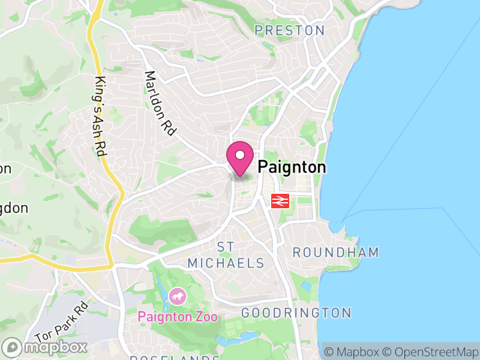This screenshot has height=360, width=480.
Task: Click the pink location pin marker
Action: tap(240, 158)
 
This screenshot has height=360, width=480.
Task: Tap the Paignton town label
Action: tap(292, 167)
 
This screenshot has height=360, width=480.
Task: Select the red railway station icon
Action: tap(281, 201)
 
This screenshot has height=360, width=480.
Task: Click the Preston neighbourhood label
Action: tap(290, 31)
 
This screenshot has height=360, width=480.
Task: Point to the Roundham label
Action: tap(336, 253)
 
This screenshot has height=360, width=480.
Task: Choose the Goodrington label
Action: tap(296, 313)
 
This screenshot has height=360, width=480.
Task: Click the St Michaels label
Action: tap(226, 255)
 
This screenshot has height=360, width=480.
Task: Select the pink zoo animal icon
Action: tap(177, 296)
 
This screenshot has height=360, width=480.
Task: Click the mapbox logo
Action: tap(45, 347)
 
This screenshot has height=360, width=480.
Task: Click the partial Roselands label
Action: tap(174, 358)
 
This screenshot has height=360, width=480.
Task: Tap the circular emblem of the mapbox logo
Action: tap(13, 347)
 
